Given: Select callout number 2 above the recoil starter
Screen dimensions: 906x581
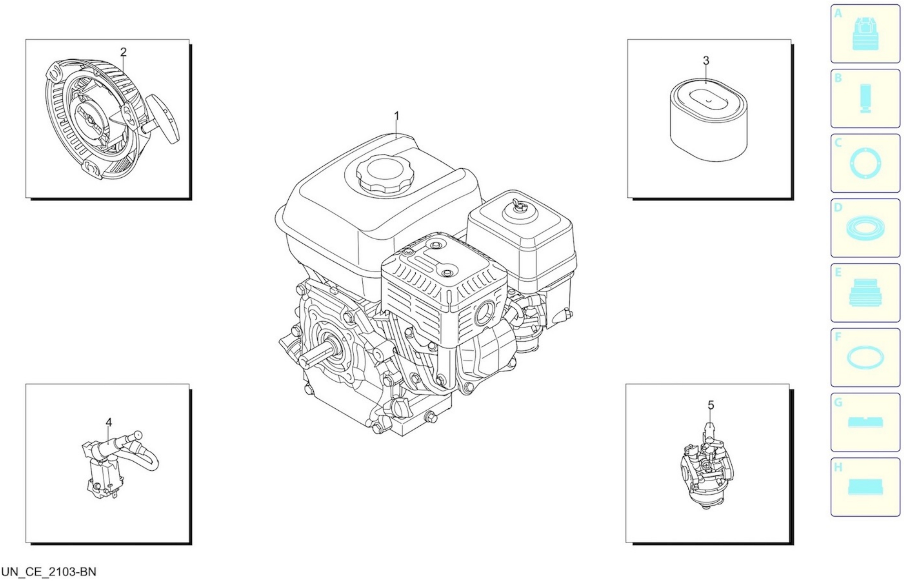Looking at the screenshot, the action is pos(123,52).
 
